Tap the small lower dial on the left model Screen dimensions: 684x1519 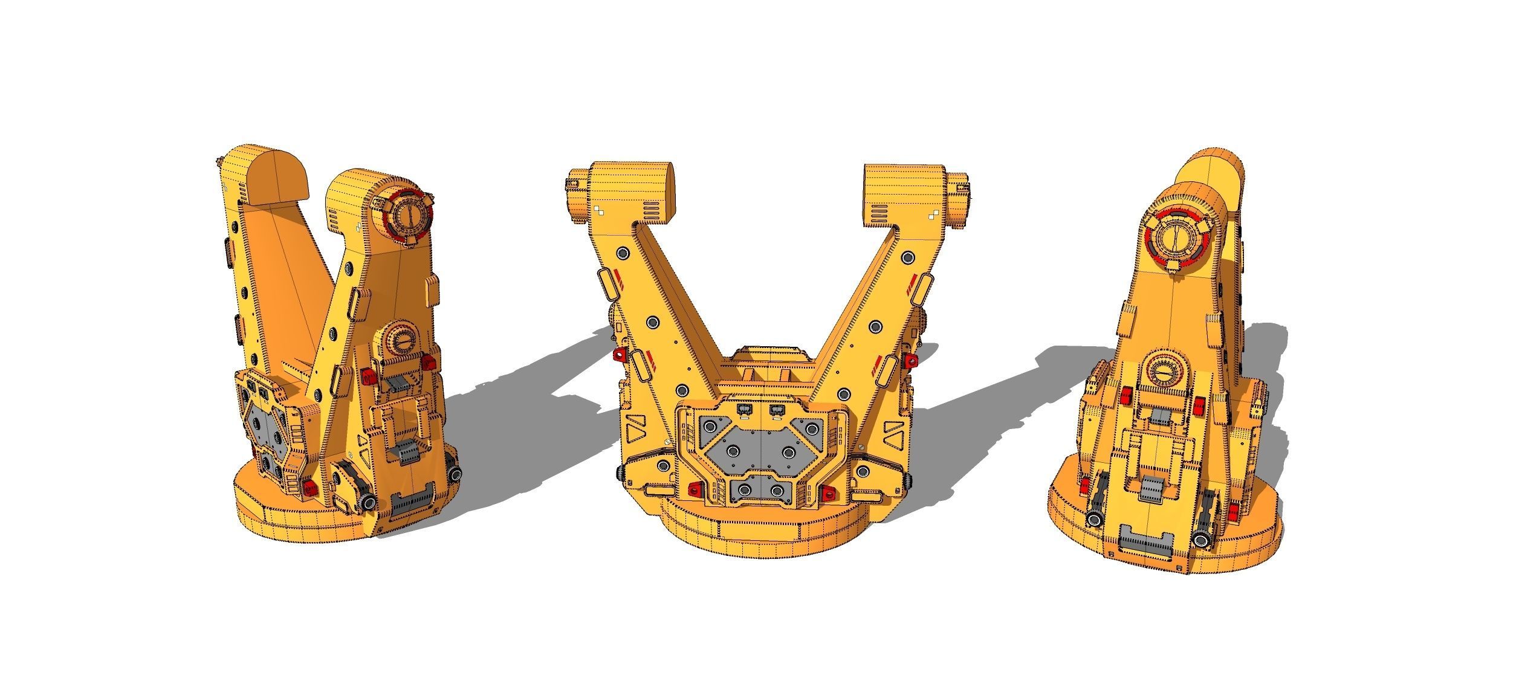click(x=399, y=343)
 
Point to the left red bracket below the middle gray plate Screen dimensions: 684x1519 click(x=695, y=489)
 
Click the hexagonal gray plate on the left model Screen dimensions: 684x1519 click(x=264, y=431)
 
